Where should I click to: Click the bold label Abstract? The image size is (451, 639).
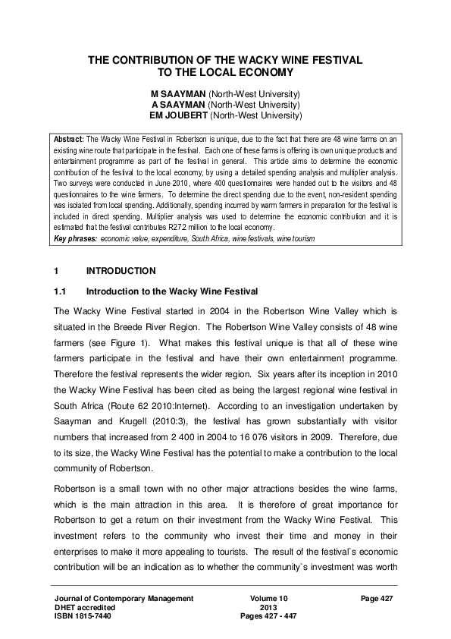point(70,140)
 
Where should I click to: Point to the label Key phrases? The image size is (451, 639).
point(76,239)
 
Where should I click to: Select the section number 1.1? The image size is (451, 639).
point(61,291)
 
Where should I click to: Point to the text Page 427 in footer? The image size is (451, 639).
point(378,599)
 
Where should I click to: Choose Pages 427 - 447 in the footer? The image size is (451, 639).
point(268,616)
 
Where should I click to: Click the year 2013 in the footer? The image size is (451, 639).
point(268,607)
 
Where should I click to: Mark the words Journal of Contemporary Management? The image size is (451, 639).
point(119,599)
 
